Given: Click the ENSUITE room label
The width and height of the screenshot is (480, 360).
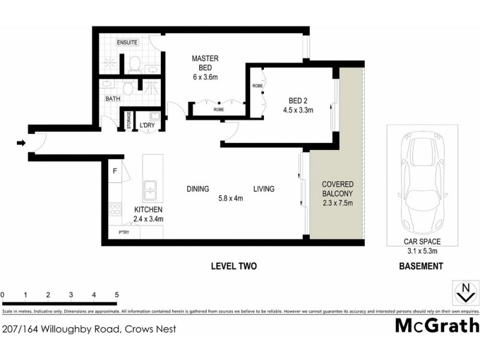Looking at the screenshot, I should pyautogui.click(x=127, y=43).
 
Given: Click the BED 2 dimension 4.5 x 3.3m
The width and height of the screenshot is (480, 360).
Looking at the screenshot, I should pyautogui.click(x=298, y=110).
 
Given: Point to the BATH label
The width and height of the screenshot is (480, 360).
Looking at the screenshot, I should pyautogui.click(x=113, y=98).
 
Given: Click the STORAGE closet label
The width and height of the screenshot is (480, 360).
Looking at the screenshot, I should pyautogui.click(x=128, y=120).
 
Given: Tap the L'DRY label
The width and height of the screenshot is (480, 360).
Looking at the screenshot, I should pyautogui.click(x=147, y=125).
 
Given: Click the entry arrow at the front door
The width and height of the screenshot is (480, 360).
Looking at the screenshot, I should pyautogui.click(x=21, y=143).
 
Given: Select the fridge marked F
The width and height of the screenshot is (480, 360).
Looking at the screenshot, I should pyautogui.click(x=115, y=170).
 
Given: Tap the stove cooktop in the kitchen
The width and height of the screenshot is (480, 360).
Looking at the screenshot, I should pyautogui.click(x=114, y=210).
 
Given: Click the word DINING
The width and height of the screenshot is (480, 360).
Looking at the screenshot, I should pyautogui.click(x=197, y=189).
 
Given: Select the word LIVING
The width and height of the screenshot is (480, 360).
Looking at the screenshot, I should pyautogui.click(x=263, y=189).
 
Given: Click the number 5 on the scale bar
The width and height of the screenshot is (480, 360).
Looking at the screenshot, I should pyautogui.click(x=116, y=295).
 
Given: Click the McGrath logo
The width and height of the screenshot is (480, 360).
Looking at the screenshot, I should pyautogui.click(x=437, y=325).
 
